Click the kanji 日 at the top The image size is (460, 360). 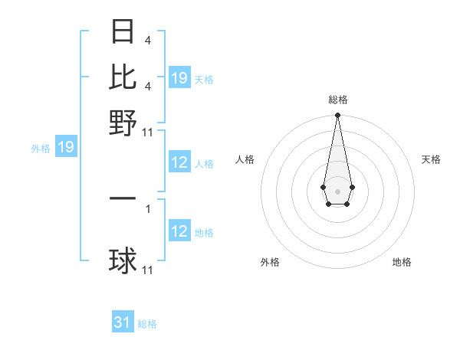pyautogui.click(x=123, y=31)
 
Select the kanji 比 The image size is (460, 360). pyautogui.click(x=123, y=77)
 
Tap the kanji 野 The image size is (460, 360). pyautogui.click(x=123, y=122)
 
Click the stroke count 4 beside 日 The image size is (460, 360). pyautogui.click(x=147, y=40)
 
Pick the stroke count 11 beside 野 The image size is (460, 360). pyautogui.click(x=148, y=132)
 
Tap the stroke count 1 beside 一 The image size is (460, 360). pyautogui.click(x=148, y=208)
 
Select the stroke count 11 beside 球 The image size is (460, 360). pyautogui.click(x=148, y=270)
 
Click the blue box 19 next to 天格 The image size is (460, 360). pyautogui.click(x=179, y=78)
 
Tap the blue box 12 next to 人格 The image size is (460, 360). pyautogui.click(x=179, y=162)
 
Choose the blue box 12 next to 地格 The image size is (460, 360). pyautogui.click(x=179, y=231)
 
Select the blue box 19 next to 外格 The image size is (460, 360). pyautogui.click(x=66, y=148)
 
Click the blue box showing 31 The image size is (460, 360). pyautogui.click(x=123, y=322)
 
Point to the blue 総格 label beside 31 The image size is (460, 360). pyautogui.click(x=147, y=324)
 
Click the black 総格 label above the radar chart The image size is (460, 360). pyautogui.click(x=337, y=100)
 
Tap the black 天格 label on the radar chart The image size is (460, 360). pyautogui.click(x=431, y=159)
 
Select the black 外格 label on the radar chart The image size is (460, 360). pyautogui.click(x=270, y=262)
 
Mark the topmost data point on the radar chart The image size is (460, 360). pyautogui.click(x=337, y=116)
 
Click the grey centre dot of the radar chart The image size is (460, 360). pyautogui.click(x=337, y=190)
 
